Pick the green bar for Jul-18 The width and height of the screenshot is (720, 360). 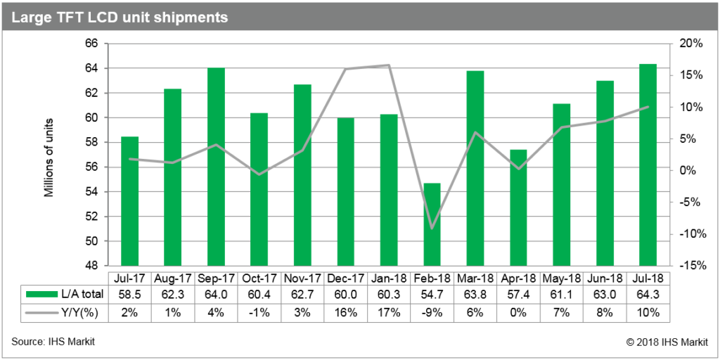648,165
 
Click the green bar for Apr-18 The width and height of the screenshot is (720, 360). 518,207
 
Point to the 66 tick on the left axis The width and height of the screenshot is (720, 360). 90,44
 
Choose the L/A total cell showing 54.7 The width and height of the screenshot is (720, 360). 432,294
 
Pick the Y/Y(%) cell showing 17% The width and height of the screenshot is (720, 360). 389,311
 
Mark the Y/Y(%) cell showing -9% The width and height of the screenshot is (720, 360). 432,311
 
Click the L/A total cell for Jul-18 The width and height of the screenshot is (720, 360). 648,294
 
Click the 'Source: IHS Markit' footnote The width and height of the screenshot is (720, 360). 53,342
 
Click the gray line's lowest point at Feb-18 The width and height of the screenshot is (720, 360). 432,229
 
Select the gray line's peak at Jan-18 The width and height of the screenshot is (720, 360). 389,65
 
